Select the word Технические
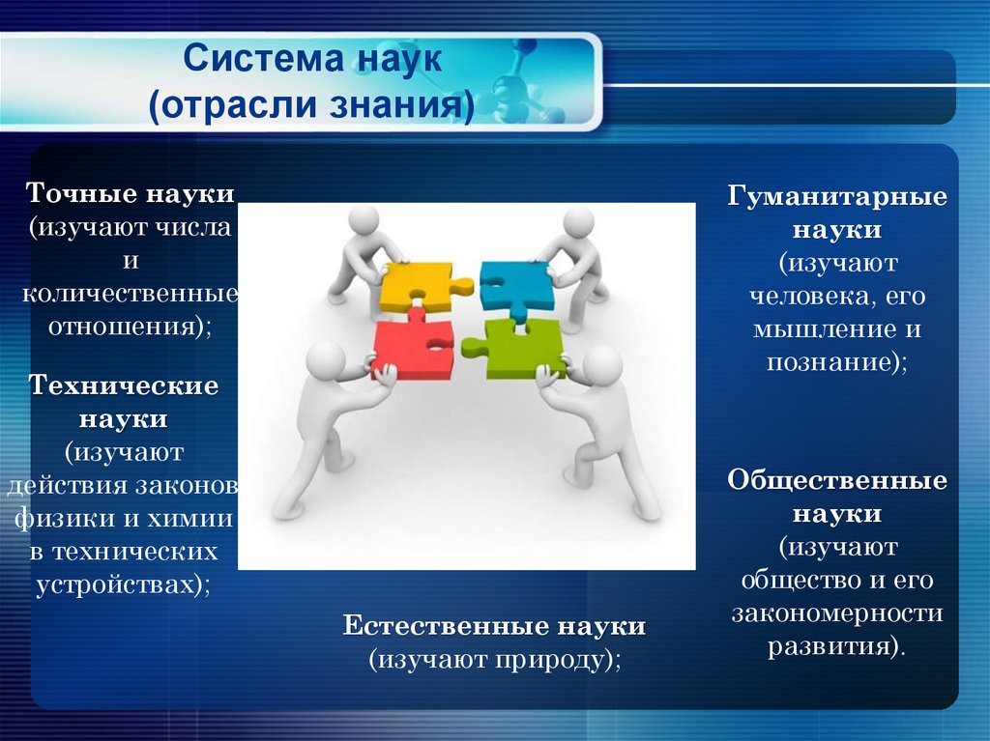point(123,385)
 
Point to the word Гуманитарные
point(837,197)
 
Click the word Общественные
point(837,480)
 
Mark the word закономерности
point(837,613)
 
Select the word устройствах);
point(123,584)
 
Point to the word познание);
point(837,362)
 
